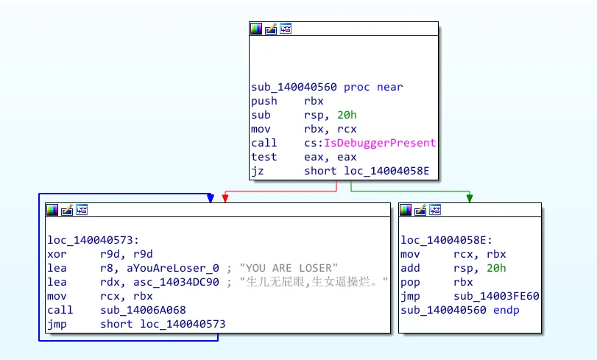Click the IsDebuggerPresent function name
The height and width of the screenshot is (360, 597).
point(380,143)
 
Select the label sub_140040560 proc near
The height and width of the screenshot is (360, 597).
point(327,87)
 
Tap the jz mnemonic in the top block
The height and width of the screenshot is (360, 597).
point(258,171)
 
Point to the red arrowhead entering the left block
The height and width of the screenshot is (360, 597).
point(225,198)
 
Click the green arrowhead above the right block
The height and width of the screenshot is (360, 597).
point(470,198)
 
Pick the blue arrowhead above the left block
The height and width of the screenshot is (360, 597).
point(211,198)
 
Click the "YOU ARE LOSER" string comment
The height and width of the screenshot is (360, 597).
point(289,268)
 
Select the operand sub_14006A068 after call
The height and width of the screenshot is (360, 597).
point(143,310)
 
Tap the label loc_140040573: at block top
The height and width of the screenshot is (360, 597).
point(93,240)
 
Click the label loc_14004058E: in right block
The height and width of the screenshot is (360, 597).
point(447,240)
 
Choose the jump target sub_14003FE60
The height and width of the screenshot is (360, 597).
point(496,296)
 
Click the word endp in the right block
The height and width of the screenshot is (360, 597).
point(506,310)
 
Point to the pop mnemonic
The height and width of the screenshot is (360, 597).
point(410,282)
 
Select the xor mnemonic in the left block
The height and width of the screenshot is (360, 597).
point(57,254)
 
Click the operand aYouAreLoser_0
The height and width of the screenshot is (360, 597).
point(173,268)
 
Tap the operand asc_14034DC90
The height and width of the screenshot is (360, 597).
point(176,282)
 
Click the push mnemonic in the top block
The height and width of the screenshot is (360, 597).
point(264,101)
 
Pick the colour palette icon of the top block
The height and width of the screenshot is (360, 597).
point(256,29)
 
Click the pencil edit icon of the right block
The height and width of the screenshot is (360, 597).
point(420,210)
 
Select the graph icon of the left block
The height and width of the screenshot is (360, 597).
point(82,210)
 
